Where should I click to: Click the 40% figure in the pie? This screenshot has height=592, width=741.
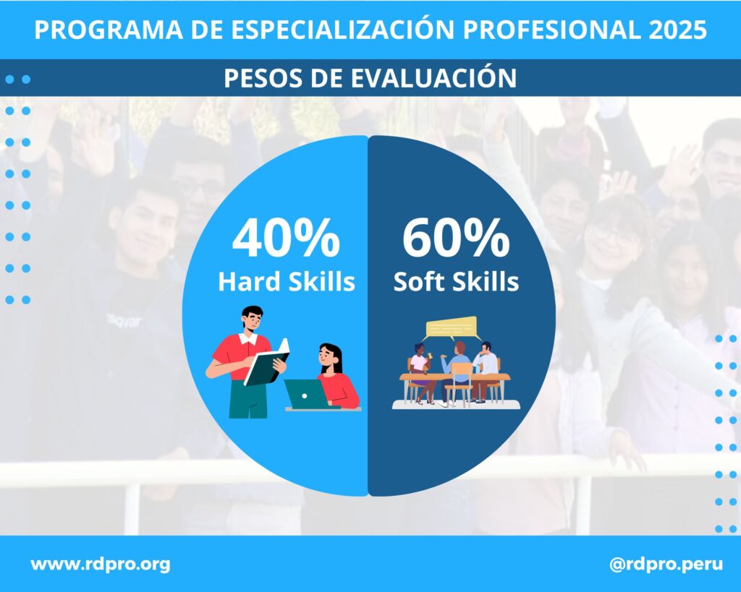tap(286, 239)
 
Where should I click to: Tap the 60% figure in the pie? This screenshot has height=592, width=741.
tap(456, 239)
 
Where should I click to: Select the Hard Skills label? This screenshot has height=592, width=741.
tap(287, 281)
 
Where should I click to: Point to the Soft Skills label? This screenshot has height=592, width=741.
tap(456, 281)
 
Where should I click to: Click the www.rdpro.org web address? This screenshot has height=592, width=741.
tap(101, 564)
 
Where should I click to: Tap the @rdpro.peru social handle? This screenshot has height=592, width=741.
tap(666, 564)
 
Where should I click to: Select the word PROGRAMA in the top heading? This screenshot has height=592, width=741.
tap(109, 30)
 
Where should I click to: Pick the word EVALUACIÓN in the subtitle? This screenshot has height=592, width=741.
tap(434, 78)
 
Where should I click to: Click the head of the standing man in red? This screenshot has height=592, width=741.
tap(252, 319)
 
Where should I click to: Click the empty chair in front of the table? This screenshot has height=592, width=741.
tap(457, 383)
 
